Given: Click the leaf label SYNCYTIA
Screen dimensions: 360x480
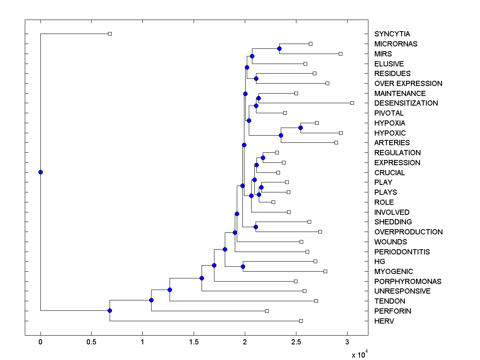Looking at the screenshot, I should [x=392, y=34].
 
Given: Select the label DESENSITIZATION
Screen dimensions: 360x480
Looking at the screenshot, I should [x=406, y=103].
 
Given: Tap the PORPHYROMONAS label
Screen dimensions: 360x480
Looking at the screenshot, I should [x=408, y=281].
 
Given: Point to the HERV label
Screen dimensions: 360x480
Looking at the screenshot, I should [x=384, y=321].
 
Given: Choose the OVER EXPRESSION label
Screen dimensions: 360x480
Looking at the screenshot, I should [x=408, y=84].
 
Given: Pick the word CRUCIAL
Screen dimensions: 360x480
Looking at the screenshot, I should [x=390, y=172].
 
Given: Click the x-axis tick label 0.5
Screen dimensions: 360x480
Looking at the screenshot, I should [x=91, y=343].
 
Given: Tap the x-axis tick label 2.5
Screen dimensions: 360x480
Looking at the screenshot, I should [x=296, y=343].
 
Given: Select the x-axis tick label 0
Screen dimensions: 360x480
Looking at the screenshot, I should [x=40, y=343].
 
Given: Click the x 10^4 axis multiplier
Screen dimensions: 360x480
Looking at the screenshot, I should [x=359, y=354].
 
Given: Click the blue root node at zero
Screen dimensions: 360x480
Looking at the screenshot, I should [x=40, y=172].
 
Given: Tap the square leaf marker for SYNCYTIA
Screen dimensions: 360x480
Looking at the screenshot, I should [x=110, y=34].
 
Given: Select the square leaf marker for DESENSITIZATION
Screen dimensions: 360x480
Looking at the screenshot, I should [x=352, y=103].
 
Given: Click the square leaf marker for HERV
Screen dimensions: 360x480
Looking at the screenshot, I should [x=301, y=321].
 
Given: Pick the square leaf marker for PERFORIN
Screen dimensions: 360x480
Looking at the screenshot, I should [x=267, y=311].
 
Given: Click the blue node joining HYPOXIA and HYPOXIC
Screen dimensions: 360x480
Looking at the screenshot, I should [x=300, y=128].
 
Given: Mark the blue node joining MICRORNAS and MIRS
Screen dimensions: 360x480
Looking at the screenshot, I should [x=279, y=48].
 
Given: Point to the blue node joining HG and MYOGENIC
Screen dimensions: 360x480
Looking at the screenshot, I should [x=242, y=266].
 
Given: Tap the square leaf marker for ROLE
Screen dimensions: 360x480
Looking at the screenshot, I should [x=273, y=202].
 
